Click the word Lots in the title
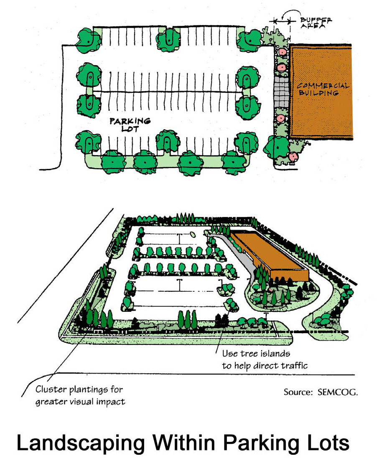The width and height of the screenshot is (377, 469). [x=326, y=443]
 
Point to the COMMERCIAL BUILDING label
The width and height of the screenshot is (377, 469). [x=322, y=89]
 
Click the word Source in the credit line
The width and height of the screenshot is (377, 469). [x=296, y=393]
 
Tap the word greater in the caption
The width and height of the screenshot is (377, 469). [x=52, y=403]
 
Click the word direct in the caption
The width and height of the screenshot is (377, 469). [x=258, y=366]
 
